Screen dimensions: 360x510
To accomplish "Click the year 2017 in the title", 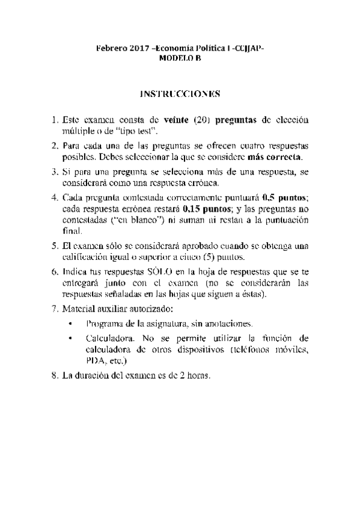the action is tap(138, 48).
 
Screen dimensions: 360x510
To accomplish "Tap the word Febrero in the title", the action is tap(111, 48).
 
